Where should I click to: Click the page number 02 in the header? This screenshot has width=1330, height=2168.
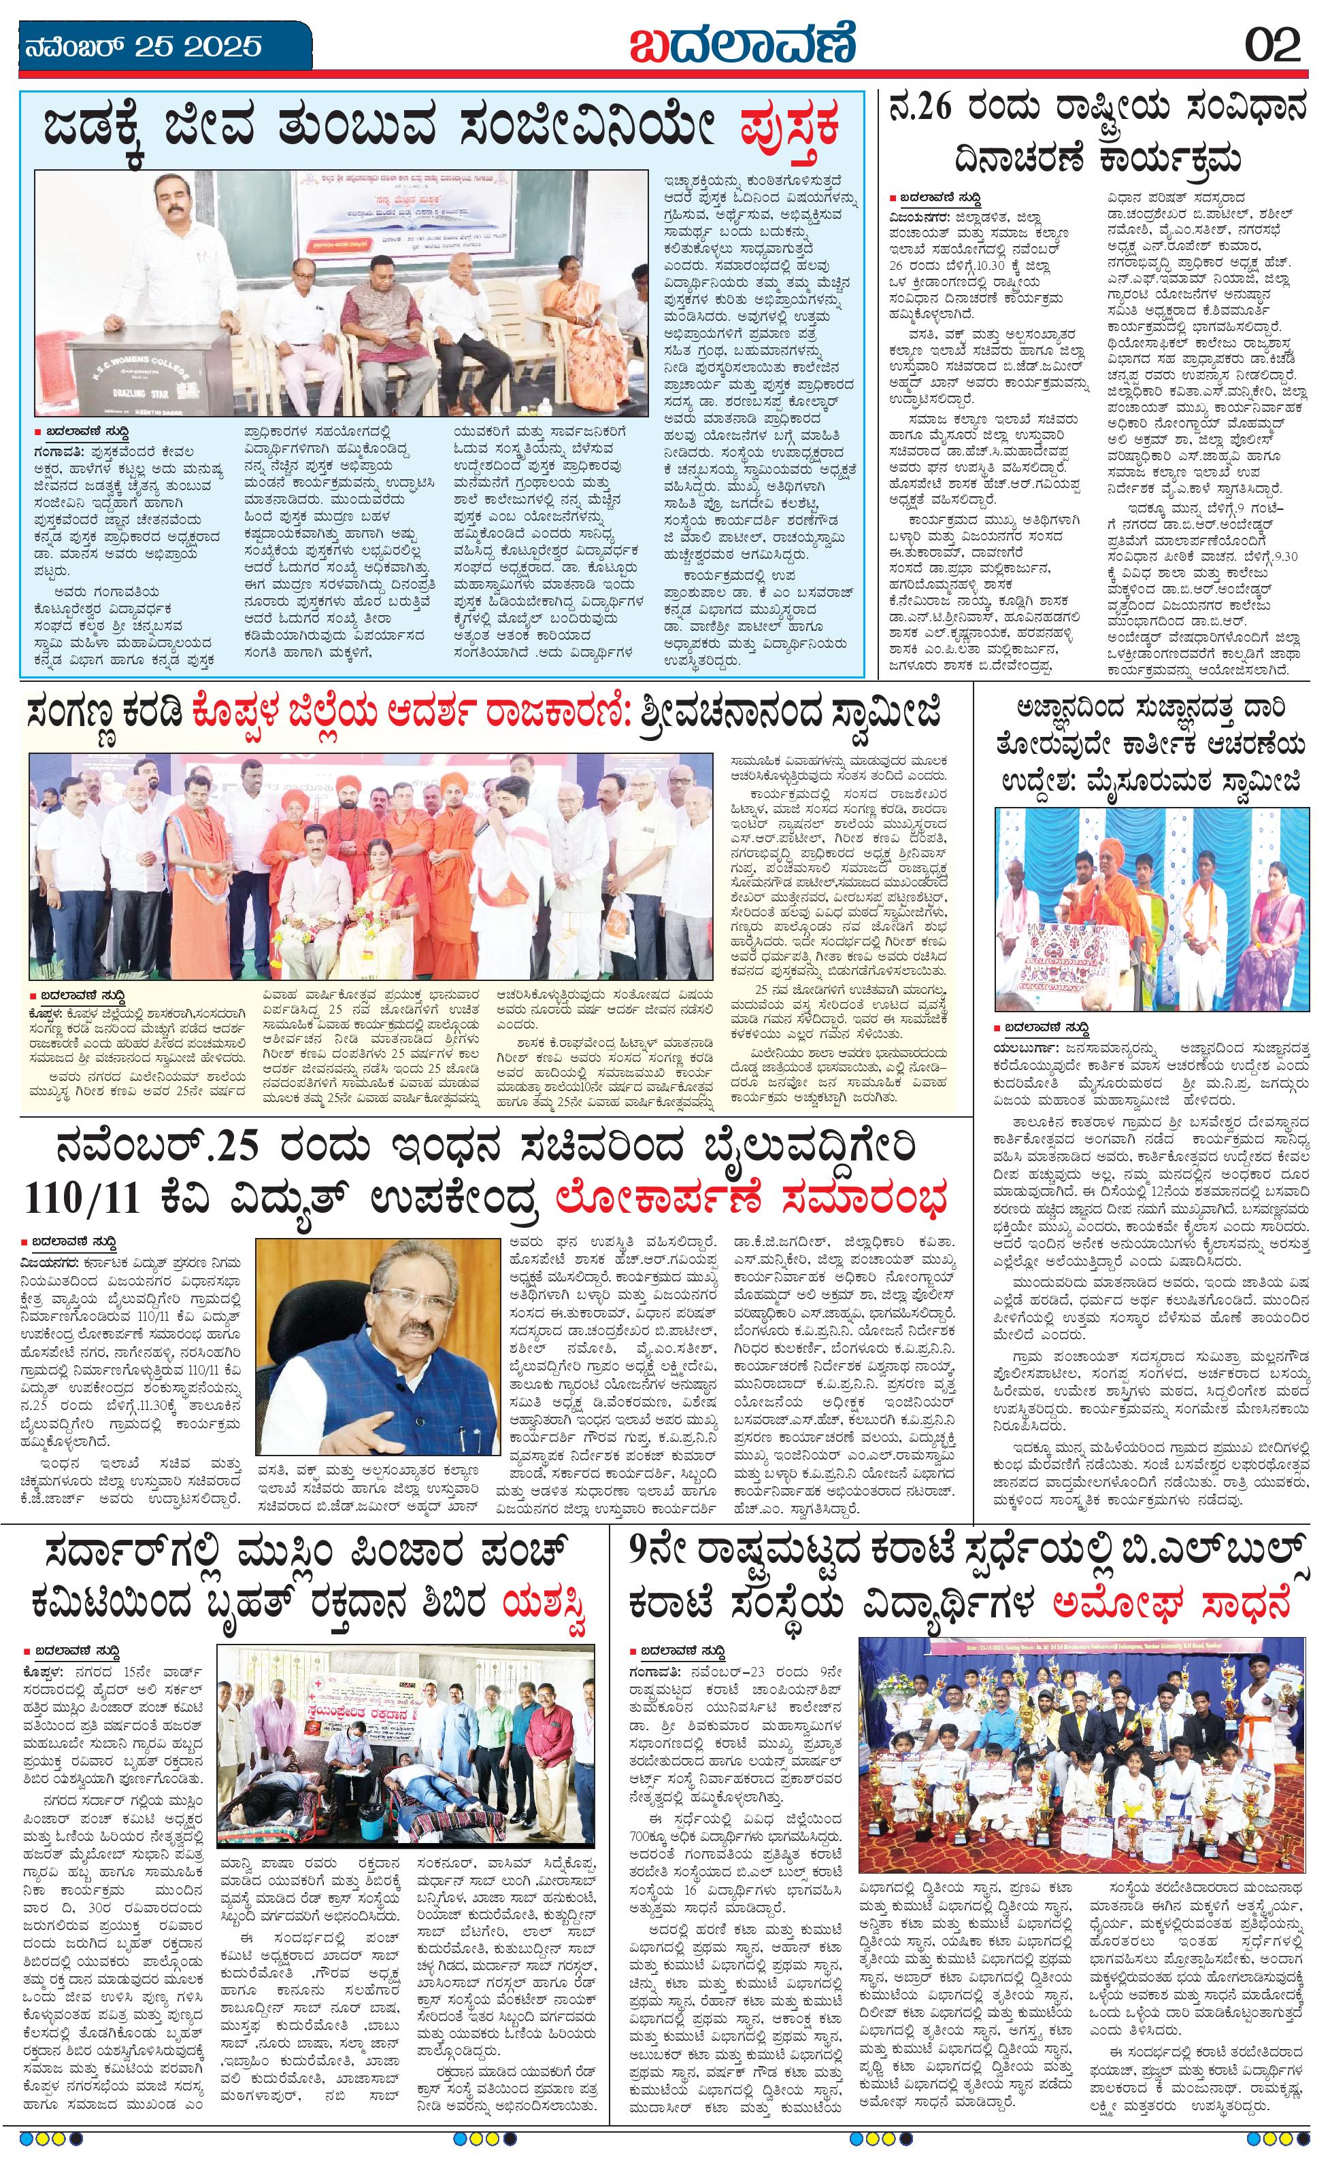pos(1272,44)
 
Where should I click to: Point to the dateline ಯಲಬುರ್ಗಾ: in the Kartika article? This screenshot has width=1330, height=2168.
pos(1019,1046)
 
